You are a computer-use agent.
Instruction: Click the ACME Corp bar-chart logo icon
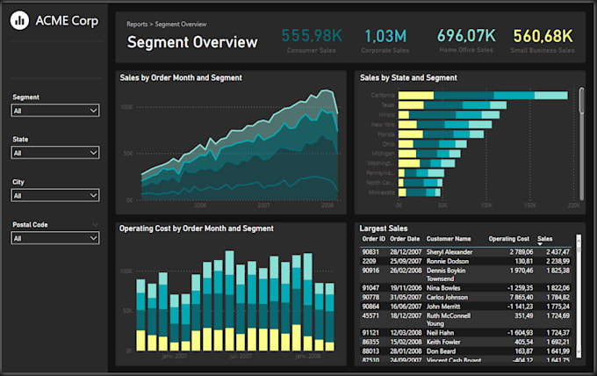pos(19,20)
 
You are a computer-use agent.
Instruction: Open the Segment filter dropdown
pos(55,111)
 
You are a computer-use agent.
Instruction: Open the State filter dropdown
pos(55,153)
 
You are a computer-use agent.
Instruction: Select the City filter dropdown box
pos(55,195)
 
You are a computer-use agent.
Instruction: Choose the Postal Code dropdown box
pos(55,238)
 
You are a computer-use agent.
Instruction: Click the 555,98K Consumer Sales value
pos(311,36)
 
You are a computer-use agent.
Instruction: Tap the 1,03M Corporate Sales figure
pos(385,36)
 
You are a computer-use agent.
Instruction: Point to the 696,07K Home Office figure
pos(466,36)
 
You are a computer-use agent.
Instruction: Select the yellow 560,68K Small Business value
pos(543,36)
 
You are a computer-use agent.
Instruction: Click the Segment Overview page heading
pos(192,42)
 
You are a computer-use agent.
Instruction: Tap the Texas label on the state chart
pos(387,105)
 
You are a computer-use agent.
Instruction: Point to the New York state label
pos(384,125)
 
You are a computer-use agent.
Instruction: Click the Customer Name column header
pos(449,238)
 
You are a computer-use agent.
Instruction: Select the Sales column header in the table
pos(545,238)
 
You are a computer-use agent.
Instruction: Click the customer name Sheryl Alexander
pos(450,251)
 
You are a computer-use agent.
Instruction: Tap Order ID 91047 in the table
pos(370,287)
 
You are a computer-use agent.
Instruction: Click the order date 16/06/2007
pos(405,306)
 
